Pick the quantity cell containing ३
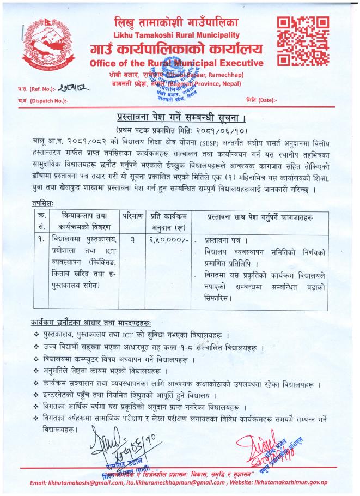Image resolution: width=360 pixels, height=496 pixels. click(132, 240)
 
